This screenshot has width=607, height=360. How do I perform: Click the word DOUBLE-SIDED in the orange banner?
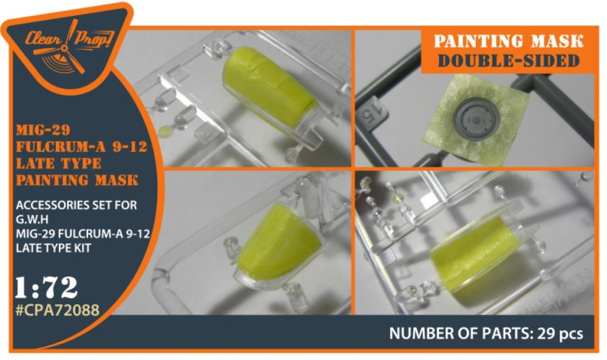tap(508, 60)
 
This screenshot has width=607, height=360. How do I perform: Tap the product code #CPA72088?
tap(57, 310)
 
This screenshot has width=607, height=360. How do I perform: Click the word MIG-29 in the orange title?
tap(43, 130)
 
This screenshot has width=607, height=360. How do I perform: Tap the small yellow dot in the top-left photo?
tap(165, 130)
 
